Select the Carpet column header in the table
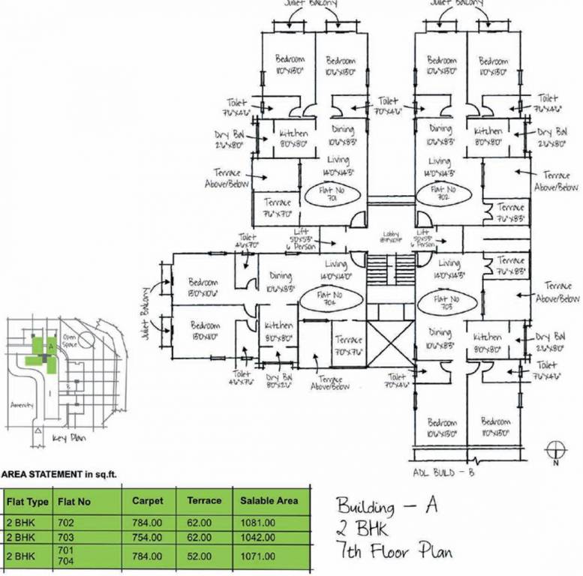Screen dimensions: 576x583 148,500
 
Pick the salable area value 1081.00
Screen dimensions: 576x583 257,522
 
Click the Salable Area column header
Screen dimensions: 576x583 267,500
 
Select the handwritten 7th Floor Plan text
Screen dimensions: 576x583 394,553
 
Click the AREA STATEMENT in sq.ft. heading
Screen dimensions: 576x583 59,474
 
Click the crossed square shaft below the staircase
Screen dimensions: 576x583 392,344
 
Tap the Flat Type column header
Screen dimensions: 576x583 28,500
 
